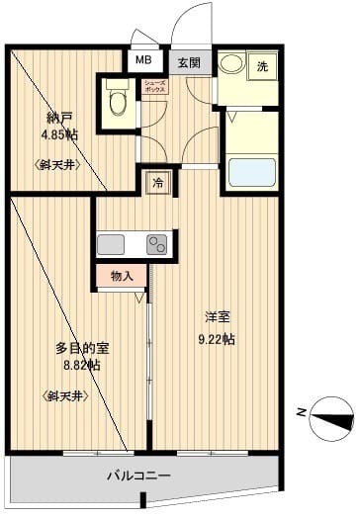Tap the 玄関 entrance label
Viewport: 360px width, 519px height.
[190, 62]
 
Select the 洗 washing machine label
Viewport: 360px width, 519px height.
[262, 66]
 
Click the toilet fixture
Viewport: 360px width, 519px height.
[117, 99]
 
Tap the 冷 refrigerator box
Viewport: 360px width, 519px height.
[156, 182]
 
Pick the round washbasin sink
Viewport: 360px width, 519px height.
[233, 66]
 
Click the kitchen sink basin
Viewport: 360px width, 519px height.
[109, 244]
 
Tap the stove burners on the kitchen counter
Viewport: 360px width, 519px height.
[156, 244]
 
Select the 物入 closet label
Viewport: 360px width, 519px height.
[122, 276]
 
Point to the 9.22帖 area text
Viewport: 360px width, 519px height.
[218, 339]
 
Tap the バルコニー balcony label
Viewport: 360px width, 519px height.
[139, 476]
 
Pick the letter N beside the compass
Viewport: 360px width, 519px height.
[300, 413]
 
